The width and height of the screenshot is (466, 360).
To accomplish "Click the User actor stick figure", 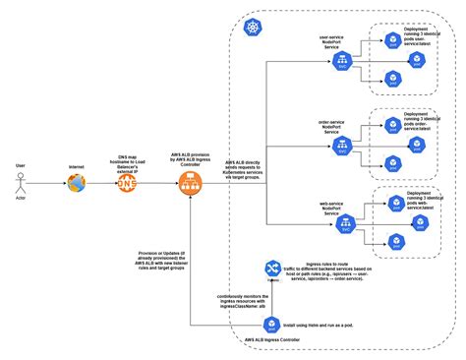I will [x=21, y=184].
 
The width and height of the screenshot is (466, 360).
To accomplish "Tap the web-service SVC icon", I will [x=345, y=225].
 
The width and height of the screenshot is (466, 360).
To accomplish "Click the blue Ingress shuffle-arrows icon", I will [x=272, y=269].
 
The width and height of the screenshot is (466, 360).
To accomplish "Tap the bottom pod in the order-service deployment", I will [x=392, y=163].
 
